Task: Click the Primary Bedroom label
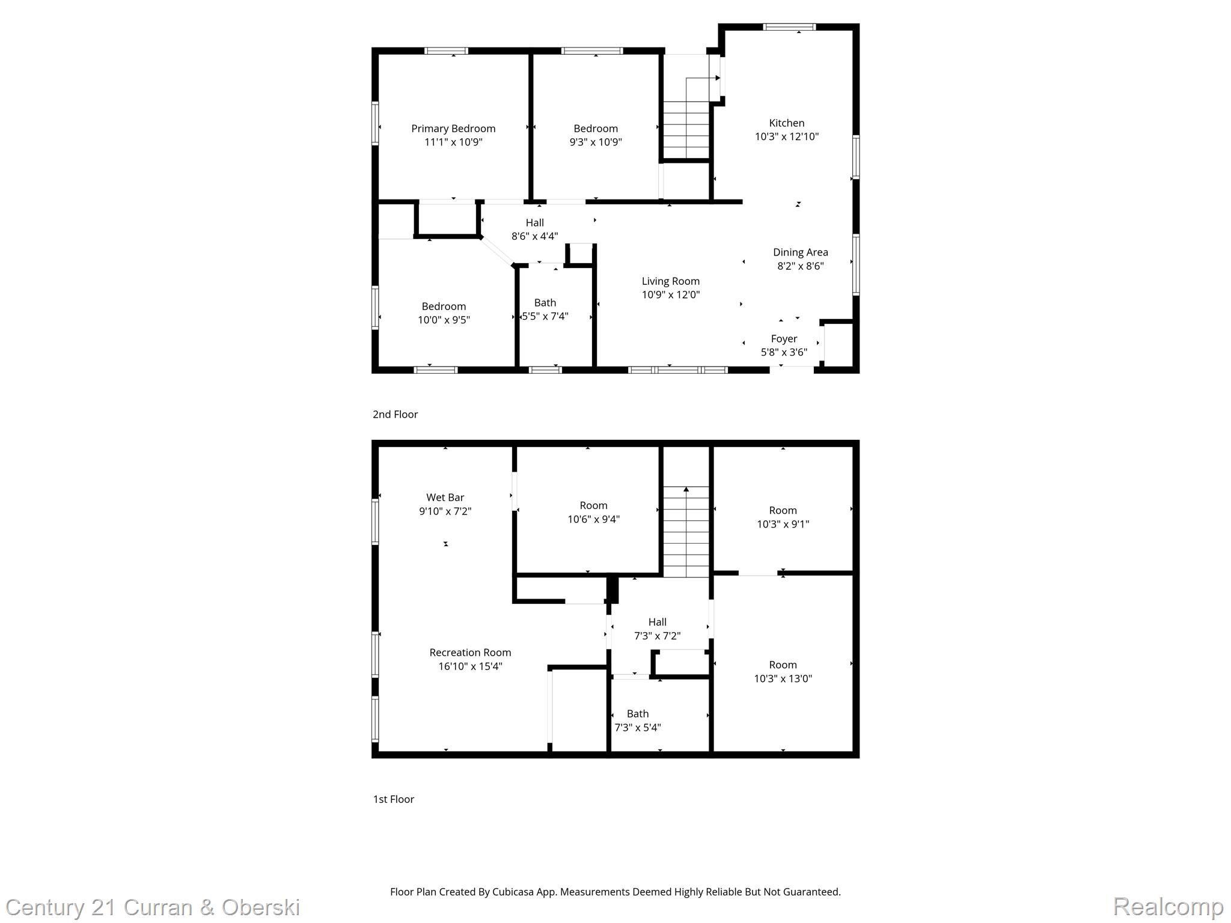[453, 129]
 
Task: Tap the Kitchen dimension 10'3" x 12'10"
[786, 136]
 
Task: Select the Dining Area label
[800, 252]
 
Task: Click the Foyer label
[784, 339]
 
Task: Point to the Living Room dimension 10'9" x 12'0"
[670, 294]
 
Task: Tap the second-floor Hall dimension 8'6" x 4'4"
[534, 236]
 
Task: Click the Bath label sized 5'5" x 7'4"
[545, 303]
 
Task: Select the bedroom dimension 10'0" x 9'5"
[444, 320]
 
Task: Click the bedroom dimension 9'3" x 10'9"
[595, 142]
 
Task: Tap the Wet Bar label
[445, 498]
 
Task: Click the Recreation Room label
[470, 653]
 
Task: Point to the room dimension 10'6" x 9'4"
[593, 519]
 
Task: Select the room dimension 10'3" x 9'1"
[783, 524]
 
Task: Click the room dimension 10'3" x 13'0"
[783, 678]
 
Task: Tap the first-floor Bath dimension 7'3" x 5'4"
[637, 727]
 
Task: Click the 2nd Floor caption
[395, 414]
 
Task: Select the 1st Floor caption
[393, 799]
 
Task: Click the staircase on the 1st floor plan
[686, 532]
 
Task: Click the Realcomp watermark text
[1167, 906]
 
